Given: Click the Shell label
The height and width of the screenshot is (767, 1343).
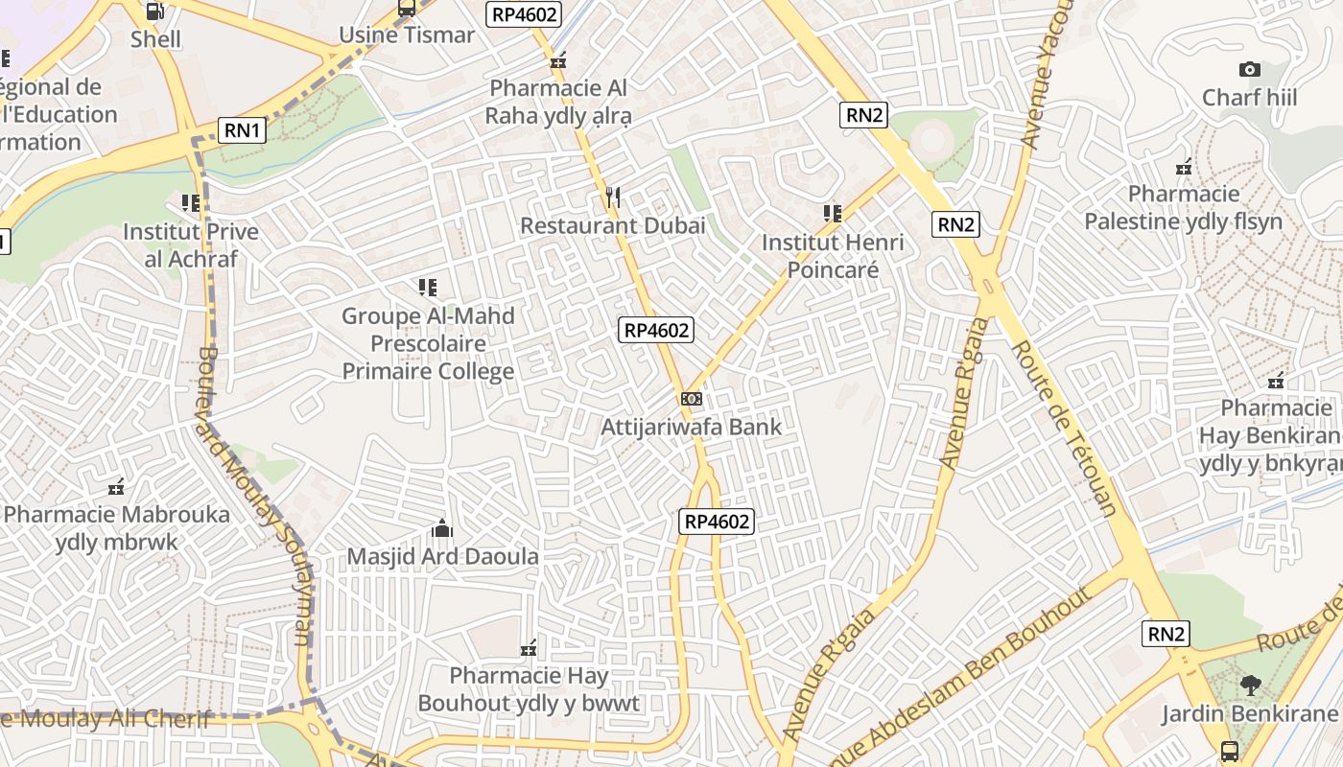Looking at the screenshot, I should click(x=155, y=39).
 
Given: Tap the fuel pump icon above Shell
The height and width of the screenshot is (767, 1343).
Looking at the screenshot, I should click(x=153, y=12).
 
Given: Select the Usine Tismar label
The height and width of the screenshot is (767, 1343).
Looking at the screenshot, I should click(x=407, y=35).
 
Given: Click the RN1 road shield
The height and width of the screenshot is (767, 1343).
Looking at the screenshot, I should click(x=242, y=130).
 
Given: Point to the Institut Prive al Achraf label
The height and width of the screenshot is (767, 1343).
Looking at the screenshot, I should click(x=191, y=245).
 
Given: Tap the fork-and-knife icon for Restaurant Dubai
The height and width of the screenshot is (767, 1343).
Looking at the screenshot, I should click(x=613, y=198).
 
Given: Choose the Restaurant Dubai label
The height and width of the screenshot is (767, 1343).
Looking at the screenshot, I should click(x=612, y=226).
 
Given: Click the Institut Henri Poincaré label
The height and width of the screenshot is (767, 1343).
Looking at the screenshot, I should click(x=833, y=256).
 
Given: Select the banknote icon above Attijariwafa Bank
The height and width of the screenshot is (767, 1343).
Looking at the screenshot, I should click(x=692, y=399).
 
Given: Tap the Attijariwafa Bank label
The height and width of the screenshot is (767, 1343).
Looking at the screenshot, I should click(x=692, y=427).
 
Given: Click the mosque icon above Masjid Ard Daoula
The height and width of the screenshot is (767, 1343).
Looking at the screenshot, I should click(x=442, y=528).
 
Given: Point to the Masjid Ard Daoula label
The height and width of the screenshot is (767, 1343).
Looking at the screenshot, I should click(x=442, y=556).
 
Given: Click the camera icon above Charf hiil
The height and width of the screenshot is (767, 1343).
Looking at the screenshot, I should click(x=1249, y=69).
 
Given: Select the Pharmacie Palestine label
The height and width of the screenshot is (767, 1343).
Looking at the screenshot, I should click(x=1183, y=208).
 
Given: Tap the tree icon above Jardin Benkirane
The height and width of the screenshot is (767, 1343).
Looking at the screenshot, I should click(x=1249, y=686).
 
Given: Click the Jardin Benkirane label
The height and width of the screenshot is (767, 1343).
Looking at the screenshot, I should click(x=1249, y=713).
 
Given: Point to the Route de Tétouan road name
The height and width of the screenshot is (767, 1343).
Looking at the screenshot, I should click(x=1064, y=429).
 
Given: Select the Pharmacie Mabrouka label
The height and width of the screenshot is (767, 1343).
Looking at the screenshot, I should click(x=117, y=528).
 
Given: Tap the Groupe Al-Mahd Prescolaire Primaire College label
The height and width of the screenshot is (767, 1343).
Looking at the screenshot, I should click(x=428, y=343).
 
